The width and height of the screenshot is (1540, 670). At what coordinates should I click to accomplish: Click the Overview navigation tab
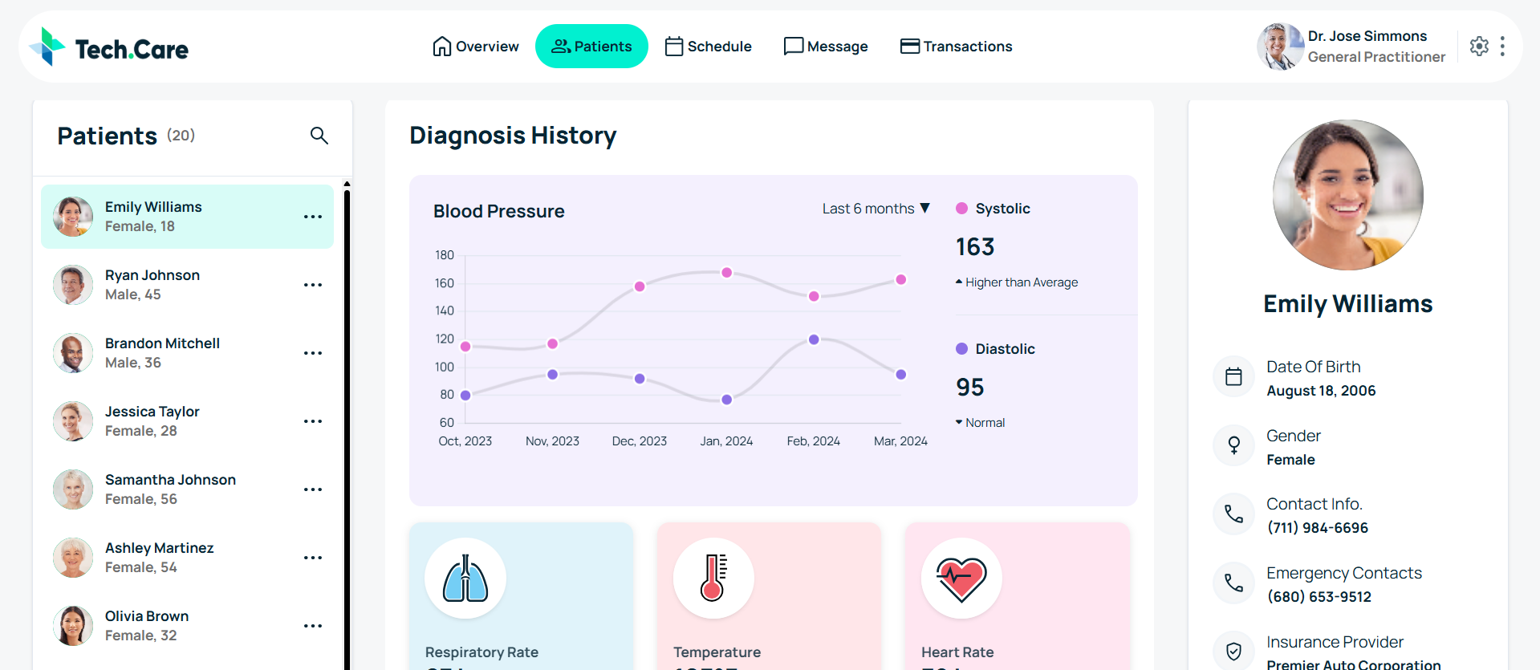click(x=476, y=47)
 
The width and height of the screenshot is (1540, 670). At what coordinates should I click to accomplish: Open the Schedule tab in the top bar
click(x=709, y=47)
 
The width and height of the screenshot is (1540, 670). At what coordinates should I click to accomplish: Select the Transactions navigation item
click(x=956, y=47)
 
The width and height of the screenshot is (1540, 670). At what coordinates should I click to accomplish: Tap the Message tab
click(x=826, y=47)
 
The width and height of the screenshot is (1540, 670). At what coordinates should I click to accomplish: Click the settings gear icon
click(x=1479, y=47)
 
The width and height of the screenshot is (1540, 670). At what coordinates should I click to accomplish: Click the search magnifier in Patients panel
click(x=319, y=136)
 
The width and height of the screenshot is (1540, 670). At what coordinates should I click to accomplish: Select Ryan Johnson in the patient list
click(x=152, y=284)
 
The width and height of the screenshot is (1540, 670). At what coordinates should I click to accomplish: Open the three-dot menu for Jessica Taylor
click(x=313, y=421)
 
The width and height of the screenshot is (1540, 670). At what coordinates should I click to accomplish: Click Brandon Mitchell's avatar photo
click(x=73, y=353)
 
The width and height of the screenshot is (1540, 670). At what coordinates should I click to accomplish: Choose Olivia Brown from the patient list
click(x=147, y=625)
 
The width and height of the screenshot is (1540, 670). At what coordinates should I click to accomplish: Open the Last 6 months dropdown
click(x=876, y=209)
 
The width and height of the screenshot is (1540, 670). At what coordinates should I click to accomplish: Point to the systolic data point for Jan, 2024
click(x=726, y=273)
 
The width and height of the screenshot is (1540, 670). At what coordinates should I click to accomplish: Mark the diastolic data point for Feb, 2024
click(x=814, y=339)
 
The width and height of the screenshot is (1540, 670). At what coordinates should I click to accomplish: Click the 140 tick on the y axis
click(x=445, y=311)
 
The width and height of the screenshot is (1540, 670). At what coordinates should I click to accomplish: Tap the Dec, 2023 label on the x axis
click(x=640, y=441)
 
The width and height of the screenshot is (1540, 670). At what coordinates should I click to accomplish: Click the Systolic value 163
click(x=975, y=247)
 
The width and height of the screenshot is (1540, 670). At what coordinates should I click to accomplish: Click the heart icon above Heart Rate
click(x=961, y=579)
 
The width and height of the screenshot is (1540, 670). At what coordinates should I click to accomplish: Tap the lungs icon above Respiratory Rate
click(x=465, y=579)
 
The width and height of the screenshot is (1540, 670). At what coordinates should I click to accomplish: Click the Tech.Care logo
click(x=109, y=48)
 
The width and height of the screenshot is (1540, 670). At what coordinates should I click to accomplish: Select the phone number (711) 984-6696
click(x=1318, y=528)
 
